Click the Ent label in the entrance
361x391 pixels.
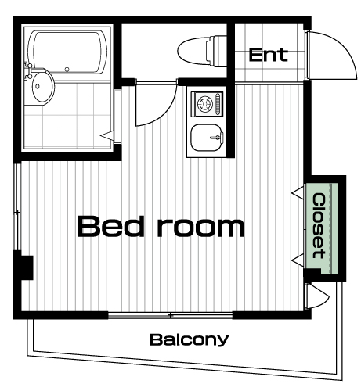tap(269, 55)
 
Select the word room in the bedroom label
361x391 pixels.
tap(200, 228)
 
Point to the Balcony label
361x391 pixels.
tap(190, 339)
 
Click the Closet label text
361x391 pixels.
tap(319, 226)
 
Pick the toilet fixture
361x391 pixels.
tap(201, 50)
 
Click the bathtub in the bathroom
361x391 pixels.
tap(68, 52)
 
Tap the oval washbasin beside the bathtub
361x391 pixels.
tap(42, 87)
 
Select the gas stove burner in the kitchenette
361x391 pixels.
tap(205, 104)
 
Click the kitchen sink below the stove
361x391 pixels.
tap(208, 138)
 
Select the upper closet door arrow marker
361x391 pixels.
tap(298, 193)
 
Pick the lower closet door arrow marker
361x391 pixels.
tap(298, 260)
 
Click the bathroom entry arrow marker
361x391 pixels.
tap(107, 136)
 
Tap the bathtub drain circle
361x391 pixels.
tap(67, 70)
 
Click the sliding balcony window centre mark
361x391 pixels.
tap(170, 315)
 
